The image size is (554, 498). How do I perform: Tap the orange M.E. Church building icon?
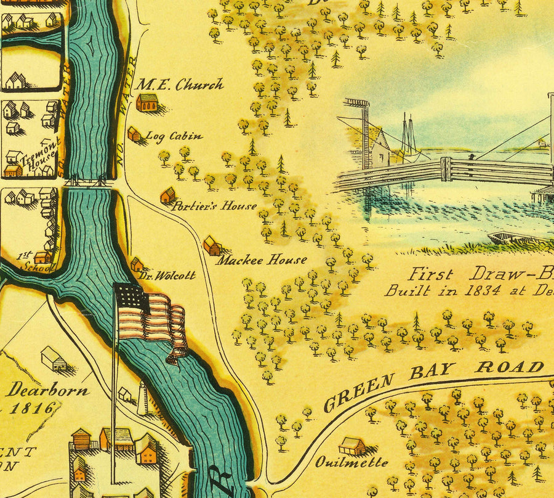pyautogui.click(x=147, y=102)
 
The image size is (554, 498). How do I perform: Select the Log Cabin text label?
pyautogui.click(x=174, y=136)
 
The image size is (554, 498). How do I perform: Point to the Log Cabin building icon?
pyautogui.click(x=134, y=134)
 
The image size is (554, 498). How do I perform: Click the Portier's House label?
pyautogui.click(x=214, y=206)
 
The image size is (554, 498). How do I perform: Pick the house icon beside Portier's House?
pyautogui.click(x=167, y=196)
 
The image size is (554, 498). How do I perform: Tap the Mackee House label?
pyautogui.click(x=261, y=260)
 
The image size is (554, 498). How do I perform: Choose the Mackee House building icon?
pyautogui.click(x=212, y=245)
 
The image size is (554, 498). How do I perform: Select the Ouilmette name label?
pyautogui.click(x=352, y=462)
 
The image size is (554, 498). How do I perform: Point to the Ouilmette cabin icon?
pyautogui.click(x=352, y=446)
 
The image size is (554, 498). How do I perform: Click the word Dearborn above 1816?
pyautogui.click(x=48, y=390)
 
